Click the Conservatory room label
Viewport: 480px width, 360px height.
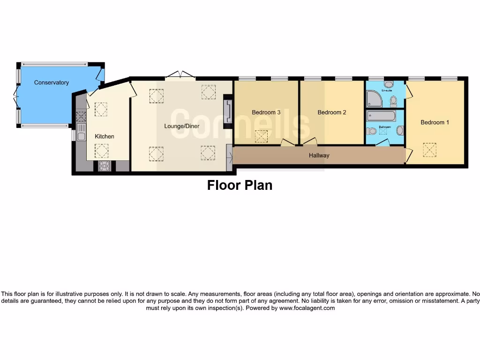[x=52, y=82]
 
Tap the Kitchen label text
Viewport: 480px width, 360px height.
[x=105, y=136]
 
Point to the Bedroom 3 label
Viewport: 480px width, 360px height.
[x=266, y=112]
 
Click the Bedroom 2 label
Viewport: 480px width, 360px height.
[x=331, y=112]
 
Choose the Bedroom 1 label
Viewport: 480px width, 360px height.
[x=435, y=122]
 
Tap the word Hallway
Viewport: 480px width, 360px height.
[x=319, y=156]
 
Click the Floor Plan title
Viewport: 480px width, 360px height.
[x=240, y=185]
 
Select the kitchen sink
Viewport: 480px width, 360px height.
[x=81, y=136]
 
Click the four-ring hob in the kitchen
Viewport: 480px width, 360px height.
[x=104, y=165]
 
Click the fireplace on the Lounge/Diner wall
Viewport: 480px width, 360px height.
[x=228, y=111]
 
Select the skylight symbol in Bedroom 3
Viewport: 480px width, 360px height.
[x=261, y=136]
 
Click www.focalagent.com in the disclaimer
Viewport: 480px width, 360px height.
[x=307, y=308]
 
